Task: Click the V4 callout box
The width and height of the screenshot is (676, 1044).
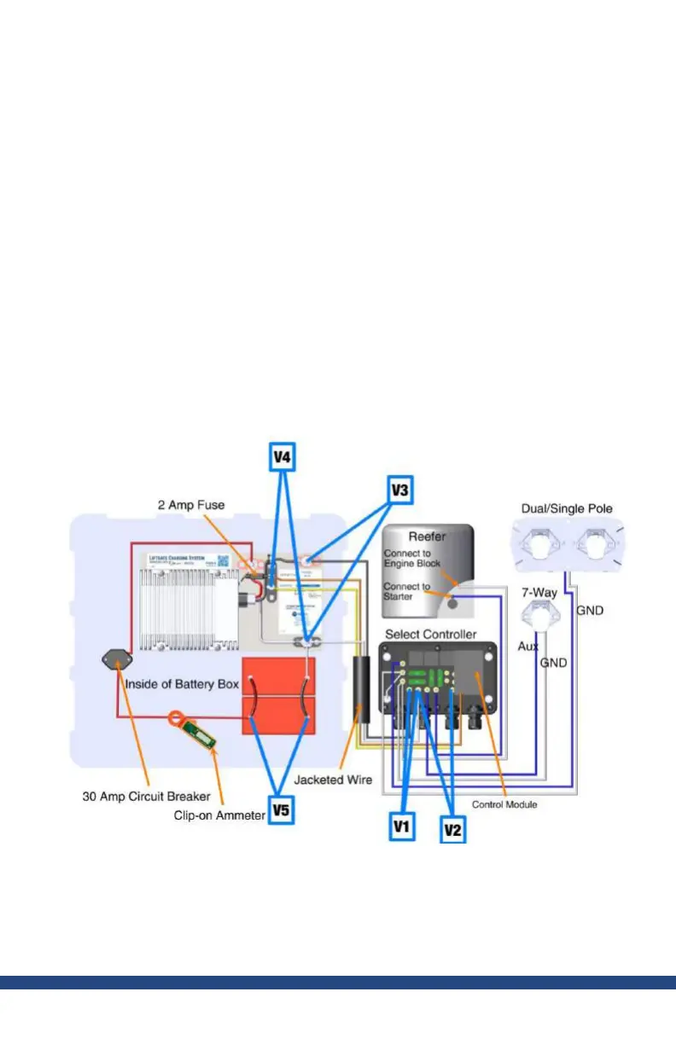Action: point(282,457)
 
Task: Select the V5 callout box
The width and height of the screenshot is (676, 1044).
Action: point(282,809)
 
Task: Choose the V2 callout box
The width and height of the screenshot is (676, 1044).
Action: point(452,828)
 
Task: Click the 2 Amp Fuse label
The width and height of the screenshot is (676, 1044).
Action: point(192,505)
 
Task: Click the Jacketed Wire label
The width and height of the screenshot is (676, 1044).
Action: point(329,779)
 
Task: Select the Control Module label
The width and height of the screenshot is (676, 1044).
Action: point(504,804)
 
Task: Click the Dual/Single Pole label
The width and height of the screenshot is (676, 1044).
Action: point(566,509)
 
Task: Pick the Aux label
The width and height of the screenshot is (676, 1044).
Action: point(528,647)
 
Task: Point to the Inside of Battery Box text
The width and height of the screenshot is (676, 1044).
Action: point(182,684)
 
